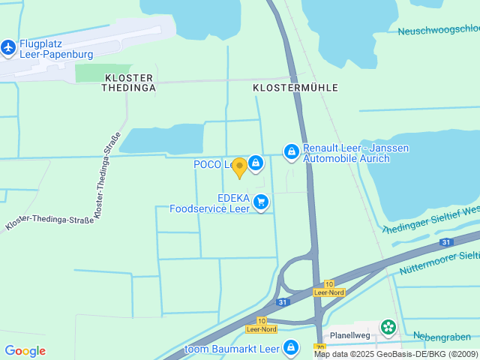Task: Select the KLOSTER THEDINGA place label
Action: point(128,82)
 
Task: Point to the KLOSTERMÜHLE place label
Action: point(295,88)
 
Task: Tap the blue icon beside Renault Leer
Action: point(290,152)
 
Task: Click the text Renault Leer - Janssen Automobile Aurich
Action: point(355,153)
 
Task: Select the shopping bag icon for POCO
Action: point(256,162)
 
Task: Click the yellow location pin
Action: point(239,168)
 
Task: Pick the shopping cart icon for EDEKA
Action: point(261,202)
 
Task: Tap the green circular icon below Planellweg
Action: point(388,326)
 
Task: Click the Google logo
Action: point(25,351)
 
